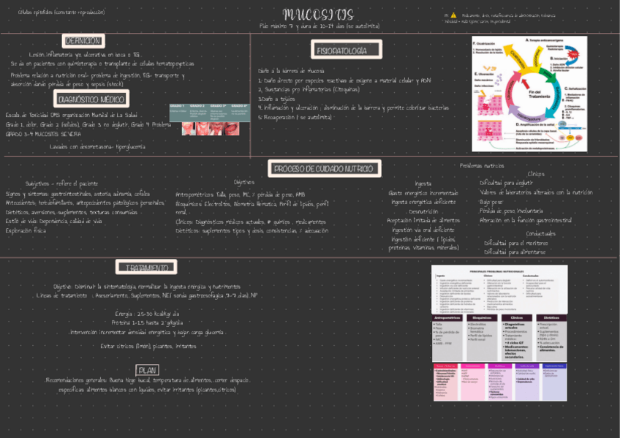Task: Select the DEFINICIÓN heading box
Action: (x=83, y=41)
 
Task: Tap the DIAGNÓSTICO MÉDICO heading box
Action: (x=91, y=99)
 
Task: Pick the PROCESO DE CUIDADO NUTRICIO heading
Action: (x=324, y=169)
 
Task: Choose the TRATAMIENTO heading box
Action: (x=146, y=268)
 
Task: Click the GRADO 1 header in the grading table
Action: (x=178, y=106)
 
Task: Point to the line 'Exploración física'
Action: (x=26, y=230)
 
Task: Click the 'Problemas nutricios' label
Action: (x=481, y=165)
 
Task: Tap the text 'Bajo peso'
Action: (x=491, y=201)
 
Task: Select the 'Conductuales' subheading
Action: (x=520, y=233)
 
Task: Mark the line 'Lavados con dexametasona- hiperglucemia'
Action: (x=97, y=146)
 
